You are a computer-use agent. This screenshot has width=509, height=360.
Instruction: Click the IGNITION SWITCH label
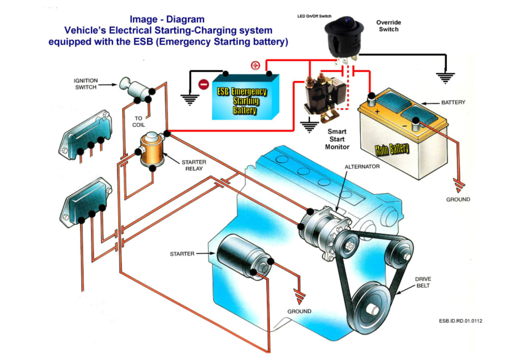pyautogui.click(x=86, y=84)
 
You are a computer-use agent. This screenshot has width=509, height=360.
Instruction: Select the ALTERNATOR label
pyautogui.click(x=362, y=167)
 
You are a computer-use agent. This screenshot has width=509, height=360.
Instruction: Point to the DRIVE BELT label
pyautogui.click(x=423, y=283)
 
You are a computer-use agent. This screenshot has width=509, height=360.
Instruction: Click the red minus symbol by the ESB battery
pyautogui.click(x=203, y=84)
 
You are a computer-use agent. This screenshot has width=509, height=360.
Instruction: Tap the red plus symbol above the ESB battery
pyautogui.click(x=256, y=65)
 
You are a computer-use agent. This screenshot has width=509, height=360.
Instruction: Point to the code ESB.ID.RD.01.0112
pyautogui.click(x=460, y=321)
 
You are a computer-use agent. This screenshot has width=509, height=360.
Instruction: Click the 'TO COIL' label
pyautogui.click(x=138, y=121)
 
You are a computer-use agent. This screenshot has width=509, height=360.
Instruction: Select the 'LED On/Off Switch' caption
pyautogui.click(x=314, y=16)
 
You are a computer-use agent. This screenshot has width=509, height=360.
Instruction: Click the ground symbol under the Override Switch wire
pyautogui.click(x=445, y=77)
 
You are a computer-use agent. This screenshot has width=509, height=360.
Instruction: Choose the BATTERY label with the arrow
pyautogui.click(x=453, y=102)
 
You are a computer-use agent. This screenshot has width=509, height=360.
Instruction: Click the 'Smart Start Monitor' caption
pyautogui.click(x=337, y=139)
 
